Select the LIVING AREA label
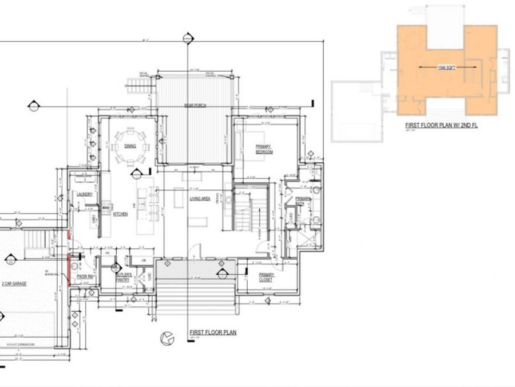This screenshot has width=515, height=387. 200,199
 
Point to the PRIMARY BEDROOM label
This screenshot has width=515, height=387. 264,149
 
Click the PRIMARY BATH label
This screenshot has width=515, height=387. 303,201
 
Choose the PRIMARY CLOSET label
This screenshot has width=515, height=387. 265,277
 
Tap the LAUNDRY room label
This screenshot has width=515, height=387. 85,194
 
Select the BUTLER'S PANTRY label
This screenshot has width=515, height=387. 123,277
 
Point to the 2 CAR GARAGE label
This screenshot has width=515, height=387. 14,283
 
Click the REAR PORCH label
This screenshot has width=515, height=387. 195,105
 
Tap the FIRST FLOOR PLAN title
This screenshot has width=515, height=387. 213,332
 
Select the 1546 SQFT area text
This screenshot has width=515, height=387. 446,67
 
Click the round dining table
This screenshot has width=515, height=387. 132,140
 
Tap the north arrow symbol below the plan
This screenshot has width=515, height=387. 166,339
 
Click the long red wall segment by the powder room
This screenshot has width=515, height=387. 69,269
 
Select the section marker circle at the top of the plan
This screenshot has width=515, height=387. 187,38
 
